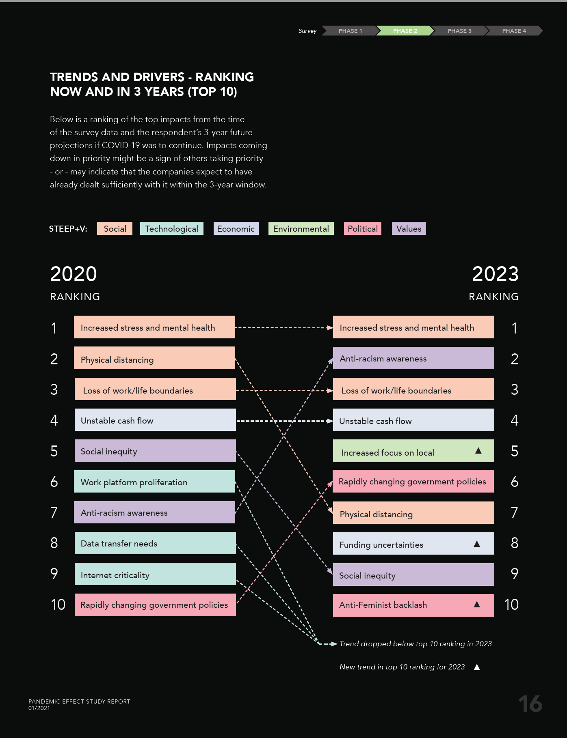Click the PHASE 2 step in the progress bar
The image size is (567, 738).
pos(405,31)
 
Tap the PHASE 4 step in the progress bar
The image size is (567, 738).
pos(514,31)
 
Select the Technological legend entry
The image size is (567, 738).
pos(171,229)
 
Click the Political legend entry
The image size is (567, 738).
pos(362,229)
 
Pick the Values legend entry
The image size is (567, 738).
pos(409,229)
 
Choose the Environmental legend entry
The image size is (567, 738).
pos(301,229)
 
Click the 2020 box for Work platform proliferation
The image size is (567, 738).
pos(154,482)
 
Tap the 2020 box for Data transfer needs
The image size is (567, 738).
pos(155,543)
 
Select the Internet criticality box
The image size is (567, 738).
pos(155,574)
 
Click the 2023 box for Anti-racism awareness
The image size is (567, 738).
pos(413,358)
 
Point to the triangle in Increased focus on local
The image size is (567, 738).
pos(478,451)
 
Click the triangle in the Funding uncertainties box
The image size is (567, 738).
pos(477,544)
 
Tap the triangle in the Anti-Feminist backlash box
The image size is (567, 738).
pos(477,605)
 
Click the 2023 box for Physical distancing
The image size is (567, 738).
pos(413,513)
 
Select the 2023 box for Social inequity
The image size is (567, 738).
pos(413,574)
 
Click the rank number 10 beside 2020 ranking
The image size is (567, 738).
pos(58,605)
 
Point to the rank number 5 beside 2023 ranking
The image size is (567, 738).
pos(514,451)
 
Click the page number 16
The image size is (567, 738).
pos(530,704)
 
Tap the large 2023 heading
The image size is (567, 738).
pos(495,274)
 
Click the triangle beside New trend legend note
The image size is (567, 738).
pos(477,667)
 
